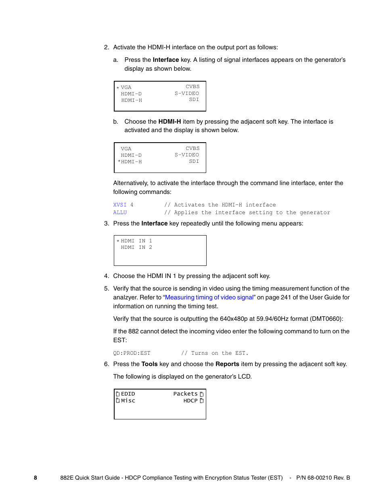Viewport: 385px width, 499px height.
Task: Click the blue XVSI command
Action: coord(119,205)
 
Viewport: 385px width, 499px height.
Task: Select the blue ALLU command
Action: coord(120,213)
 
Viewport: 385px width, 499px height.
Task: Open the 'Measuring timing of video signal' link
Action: coord(209,297)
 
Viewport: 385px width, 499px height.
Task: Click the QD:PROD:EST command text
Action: coord(132,353)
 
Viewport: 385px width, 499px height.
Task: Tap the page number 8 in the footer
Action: coord(36,478)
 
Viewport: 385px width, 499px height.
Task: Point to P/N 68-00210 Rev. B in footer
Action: coord(323,478)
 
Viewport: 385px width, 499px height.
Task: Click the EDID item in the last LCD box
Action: coord(128,394)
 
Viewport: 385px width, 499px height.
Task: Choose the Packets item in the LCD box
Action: coord(186,394)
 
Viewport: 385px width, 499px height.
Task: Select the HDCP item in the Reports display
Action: coord(190,401)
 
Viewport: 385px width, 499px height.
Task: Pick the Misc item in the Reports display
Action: coord(128,401)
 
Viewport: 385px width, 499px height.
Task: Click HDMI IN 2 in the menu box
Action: coord(136,247)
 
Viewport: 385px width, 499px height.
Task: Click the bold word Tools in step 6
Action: coord(149,364)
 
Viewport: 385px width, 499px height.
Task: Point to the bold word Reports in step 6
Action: coord(227,364)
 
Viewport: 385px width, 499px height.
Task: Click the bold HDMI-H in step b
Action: coord(169,122)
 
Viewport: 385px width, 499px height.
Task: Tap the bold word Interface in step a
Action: coord(165,60)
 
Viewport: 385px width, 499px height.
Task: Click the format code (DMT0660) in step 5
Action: coord(326,319)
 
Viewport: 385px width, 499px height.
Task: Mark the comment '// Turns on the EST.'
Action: coord(215,353)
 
